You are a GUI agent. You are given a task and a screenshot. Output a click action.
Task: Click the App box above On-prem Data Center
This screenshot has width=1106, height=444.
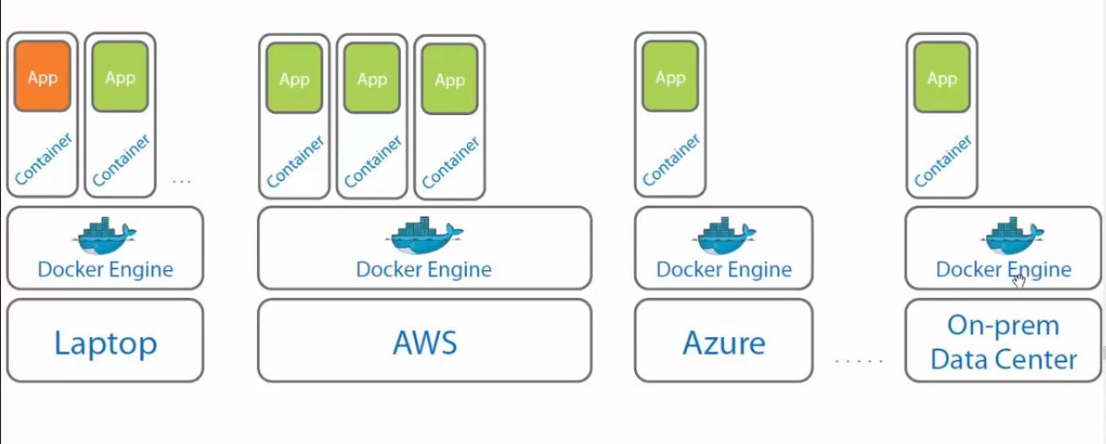(x=942, y=78)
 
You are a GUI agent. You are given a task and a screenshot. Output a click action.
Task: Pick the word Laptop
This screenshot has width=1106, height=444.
(x=105, y=343)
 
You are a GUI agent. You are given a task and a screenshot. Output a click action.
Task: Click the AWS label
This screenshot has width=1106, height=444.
(x=424, y=343)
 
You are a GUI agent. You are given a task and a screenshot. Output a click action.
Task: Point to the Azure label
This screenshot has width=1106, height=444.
(x=724, y=343)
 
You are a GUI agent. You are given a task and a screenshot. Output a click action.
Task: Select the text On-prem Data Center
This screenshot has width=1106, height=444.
(x=1003, y=342)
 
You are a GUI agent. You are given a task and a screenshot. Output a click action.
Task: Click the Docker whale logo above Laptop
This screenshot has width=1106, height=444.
(x=105, y=236)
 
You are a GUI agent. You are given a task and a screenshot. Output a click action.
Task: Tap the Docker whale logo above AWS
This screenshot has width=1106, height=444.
(x=425, y=236)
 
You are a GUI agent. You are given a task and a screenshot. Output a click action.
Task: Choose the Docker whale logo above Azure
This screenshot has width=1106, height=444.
(x=724, y=236)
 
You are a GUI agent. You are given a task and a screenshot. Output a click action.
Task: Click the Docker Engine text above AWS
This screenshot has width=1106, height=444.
(x=424, y=269)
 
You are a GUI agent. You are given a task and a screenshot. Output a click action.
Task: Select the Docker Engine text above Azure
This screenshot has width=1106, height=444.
(x=724, y=269)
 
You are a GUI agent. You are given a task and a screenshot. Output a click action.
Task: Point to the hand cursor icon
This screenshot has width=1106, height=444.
(x=1019, y=282)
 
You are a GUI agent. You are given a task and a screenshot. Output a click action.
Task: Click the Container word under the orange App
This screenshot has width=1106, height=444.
(x=43, y=159)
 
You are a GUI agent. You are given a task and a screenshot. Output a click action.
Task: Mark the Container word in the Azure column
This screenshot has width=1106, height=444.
(x=671, y=159)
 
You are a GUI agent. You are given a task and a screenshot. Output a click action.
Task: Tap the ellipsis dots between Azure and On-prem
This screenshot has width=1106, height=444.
(x=859, y=360)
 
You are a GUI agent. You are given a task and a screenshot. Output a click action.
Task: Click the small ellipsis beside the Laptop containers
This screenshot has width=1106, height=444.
(x=182, y=181)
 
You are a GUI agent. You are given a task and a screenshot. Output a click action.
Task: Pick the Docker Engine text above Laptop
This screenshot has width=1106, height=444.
(x=105, y=269)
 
